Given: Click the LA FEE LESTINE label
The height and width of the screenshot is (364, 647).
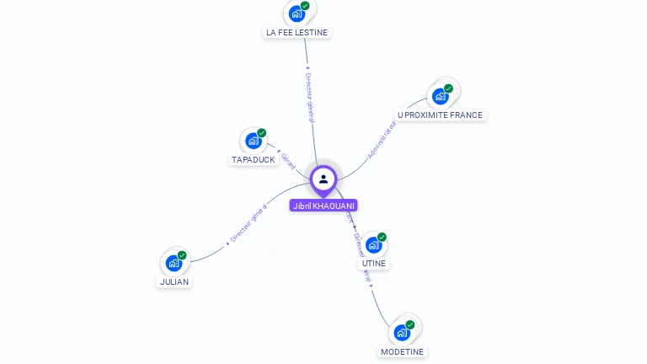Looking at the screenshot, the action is (297, 32).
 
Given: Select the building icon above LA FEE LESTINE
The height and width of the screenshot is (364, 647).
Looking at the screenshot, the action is (296, 13).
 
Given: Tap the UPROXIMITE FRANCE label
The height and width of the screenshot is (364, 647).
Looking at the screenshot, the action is (440, 115).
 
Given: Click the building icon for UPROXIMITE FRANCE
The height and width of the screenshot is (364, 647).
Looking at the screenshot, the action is (440, 97).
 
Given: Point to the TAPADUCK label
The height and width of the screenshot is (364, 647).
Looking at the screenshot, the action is (253, 159).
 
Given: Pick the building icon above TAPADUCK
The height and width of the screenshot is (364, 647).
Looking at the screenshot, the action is (253, 141).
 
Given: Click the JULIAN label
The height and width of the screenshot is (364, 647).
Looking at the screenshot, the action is (174, 281).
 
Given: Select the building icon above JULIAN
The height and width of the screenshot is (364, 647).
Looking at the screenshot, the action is (174, 263).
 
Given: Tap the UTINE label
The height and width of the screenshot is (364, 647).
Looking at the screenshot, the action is (374, 263).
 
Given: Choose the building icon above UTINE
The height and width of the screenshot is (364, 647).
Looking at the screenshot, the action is (373, 245).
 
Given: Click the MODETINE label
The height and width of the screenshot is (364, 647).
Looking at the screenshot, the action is (402, 351).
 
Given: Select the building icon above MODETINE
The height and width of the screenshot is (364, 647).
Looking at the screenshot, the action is (402, 332).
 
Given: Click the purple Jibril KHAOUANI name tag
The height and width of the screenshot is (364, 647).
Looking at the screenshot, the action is (323, 206).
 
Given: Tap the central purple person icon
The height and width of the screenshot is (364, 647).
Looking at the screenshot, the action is (323, 179).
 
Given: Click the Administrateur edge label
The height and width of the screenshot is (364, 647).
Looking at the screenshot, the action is (382, 139).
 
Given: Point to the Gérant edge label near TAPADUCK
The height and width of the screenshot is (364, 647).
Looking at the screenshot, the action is (288, 160).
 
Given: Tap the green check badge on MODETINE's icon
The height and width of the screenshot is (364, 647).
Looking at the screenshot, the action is (410, 324).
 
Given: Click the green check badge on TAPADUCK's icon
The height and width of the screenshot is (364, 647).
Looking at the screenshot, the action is (261, 133).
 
